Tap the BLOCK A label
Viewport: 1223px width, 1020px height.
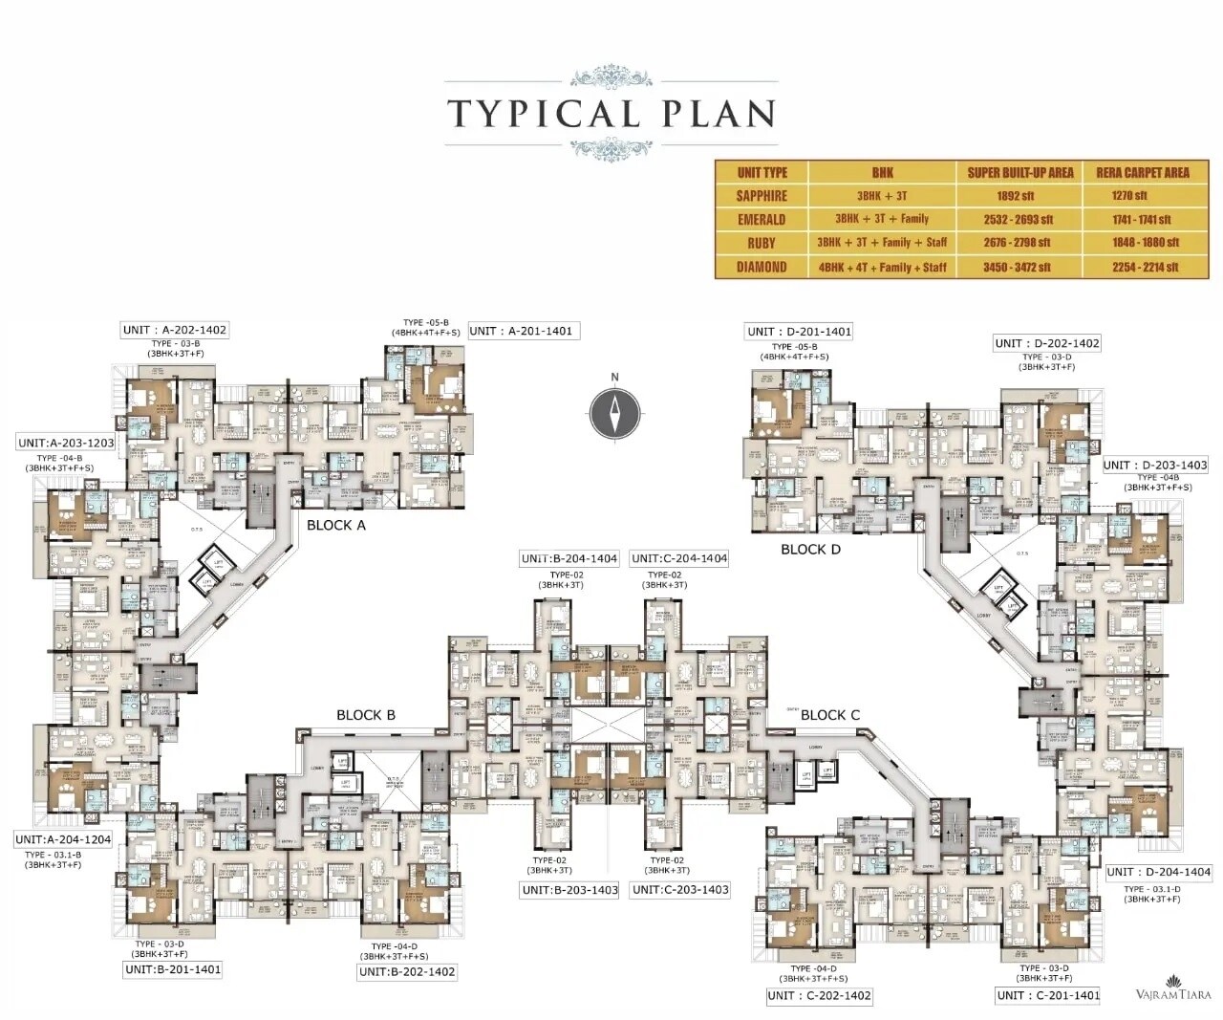click(336, 525)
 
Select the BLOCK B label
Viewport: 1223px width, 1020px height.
click(365, 715)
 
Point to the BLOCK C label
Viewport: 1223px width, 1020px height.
click(829, 715)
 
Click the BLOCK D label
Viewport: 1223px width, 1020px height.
click(810, 549)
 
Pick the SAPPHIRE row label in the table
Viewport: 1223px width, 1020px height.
click(762, 195)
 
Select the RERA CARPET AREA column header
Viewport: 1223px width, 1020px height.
click(1143, 172)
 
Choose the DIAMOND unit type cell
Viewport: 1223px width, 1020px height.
click(762, 267)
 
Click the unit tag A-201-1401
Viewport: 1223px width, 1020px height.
click(524, 331)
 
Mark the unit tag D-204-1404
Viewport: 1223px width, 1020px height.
click(1159, 872)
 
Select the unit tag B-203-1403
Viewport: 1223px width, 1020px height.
click(570, 890)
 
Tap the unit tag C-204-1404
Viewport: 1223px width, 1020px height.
click(679, 558)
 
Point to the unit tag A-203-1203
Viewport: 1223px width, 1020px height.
click(66, 443)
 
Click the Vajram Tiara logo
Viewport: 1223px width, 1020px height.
click(1172, 988)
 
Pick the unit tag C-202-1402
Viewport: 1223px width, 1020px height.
click(820, 995)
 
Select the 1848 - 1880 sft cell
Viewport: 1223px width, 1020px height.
click(1143, 243)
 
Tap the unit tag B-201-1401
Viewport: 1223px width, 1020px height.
click(173, 969)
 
